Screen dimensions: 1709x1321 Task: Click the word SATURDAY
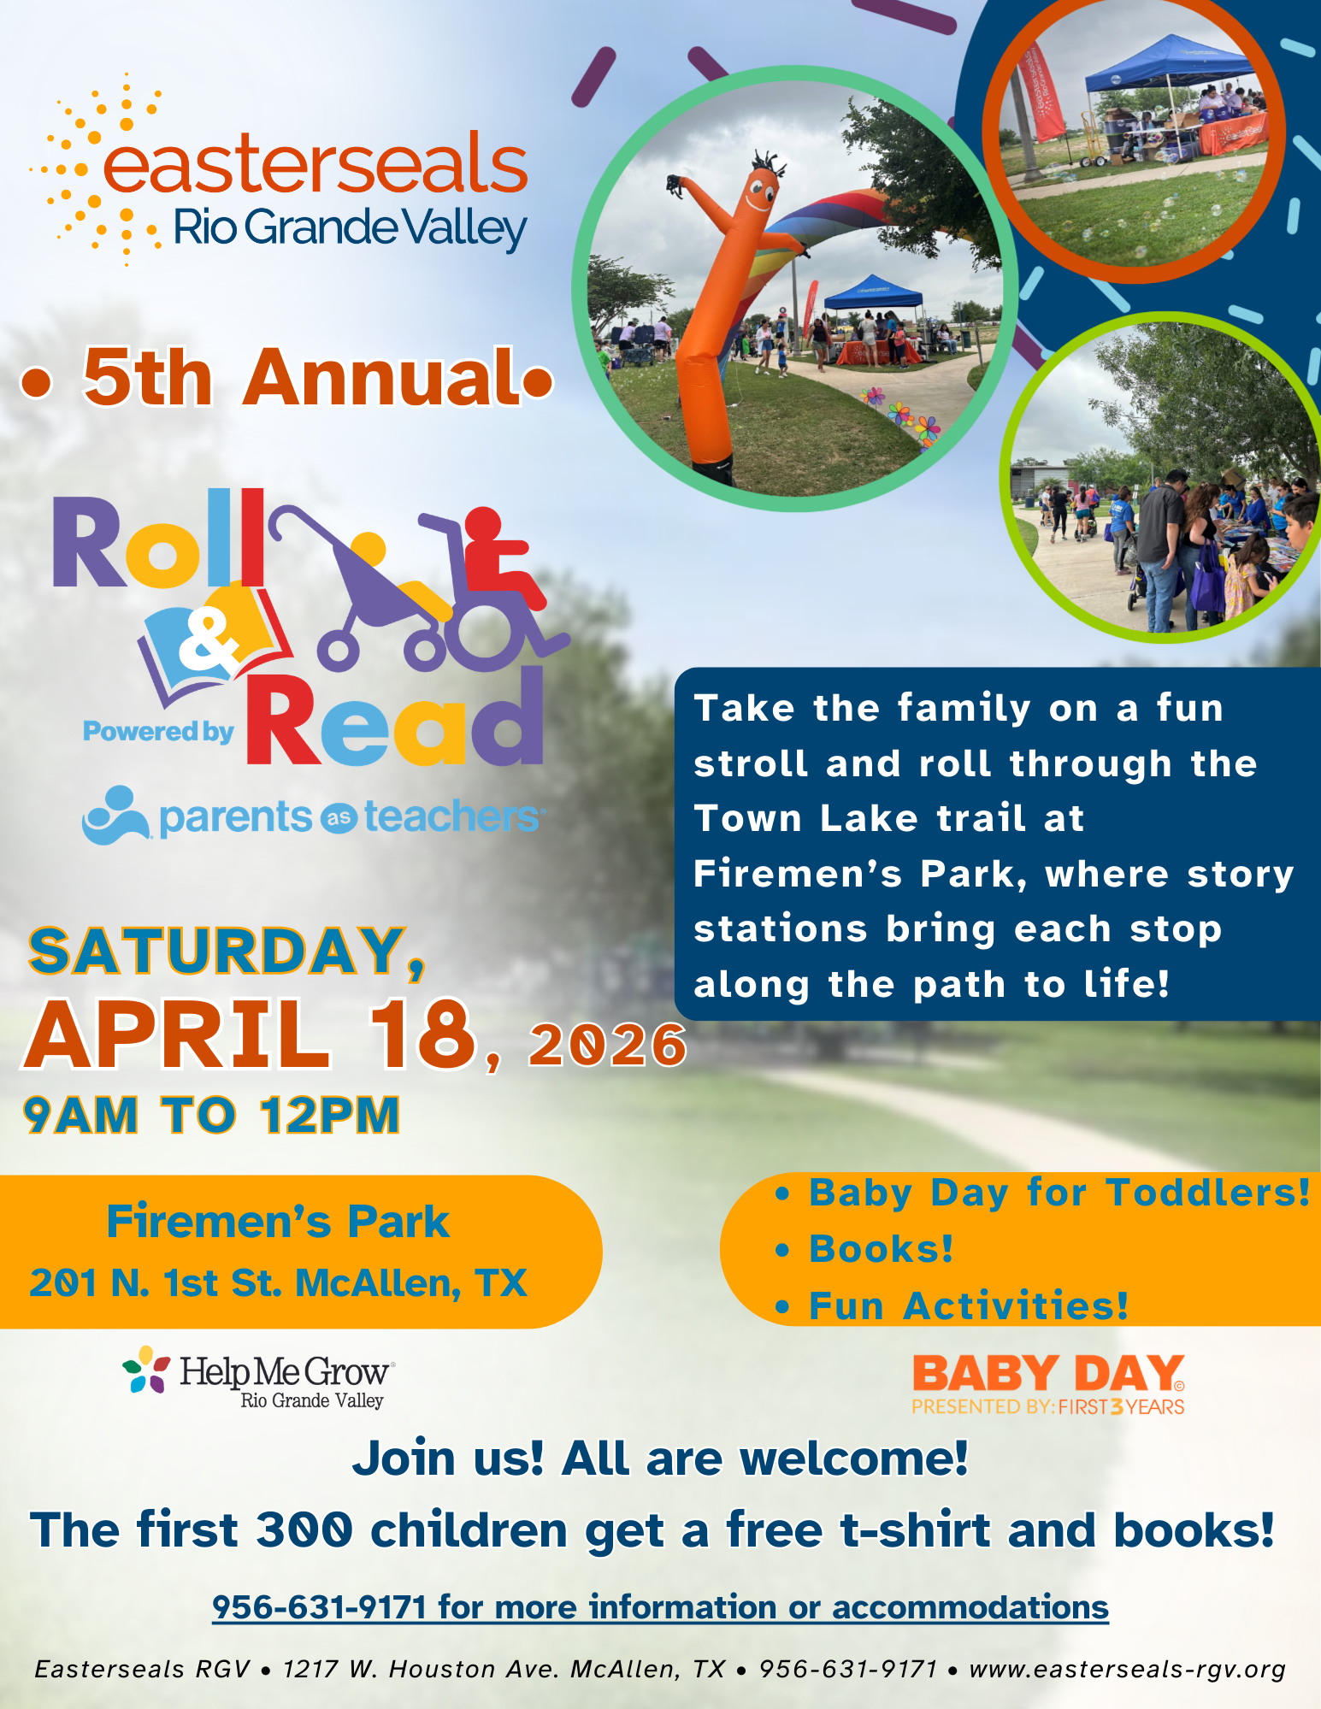218,951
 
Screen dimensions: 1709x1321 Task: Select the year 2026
607,1045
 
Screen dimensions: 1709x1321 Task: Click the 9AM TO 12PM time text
211,1115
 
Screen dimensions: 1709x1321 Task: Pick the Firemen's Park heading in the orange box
278,1221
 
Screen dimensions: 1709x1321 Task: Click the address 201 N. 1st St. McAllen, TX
278,1282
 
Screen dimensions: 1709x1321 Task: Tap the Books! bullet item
881,1249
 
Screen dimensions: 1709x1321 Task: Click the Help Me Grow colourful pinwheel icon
145,1370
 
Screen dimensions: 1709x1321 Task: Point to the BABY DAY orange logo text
1048,1375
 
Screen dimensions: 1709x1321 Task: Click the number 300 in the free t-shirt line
304,1530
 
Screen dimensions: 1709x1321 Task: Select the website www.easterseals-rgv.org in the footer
1127,1669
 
